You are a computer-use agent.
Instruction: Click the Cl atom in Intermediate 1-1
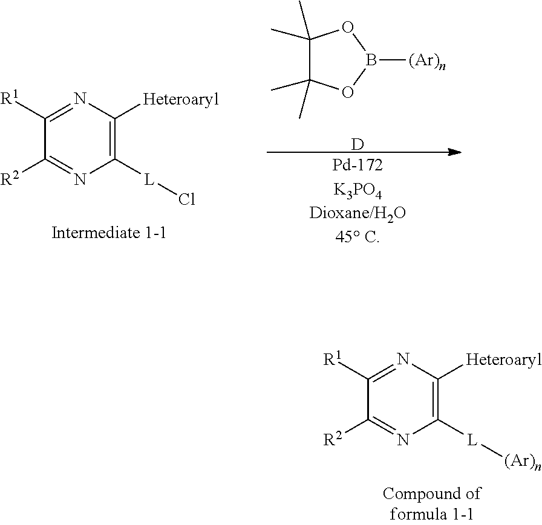[x=187, y=199]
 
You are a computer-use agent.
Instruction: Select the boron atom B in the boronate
[x=371, y=60]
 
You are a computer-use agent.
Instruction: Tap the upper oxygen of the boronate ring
[x=347, y=27]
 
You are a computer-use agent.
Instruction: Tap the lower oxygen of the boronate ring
[x=347, y=92]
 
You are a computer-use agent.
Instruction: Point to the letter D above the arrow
[x=358, y=144]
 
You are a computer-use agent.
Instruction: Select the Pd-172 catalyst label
[x=358, y=165]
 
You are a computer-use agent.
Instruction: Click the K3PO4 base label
[x=358, y=190]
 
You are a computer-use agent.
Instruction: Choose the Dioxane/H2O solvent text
[x=358, y=213]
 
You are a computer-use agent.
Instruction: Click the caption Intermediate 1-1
[x=109, y=233]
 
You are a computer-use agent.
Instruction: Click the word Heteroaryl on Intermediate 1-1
[x=181, y=100]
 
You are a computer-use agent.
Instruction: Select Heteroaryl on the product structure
[x=504, y=359]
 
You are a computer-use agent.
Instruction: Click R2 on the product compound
[x=332, y=439]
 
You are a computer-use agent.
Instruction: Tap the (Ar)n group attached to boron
[x=427, y=62]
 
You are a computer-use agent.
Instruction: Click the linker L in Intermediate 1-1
[x=149, y=179]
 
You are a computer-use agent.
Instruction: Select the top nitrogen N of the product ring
[x=403, y=359]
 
